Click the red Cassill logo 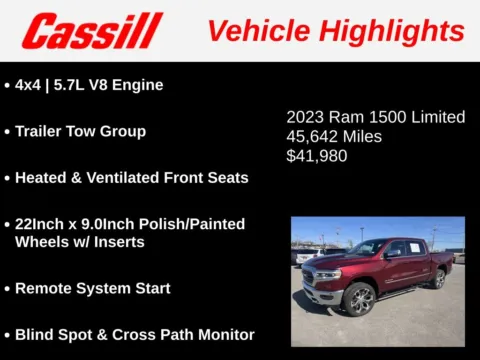[92, 31]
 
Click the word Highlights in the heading [402, 31]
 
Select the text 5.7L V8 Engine [110, 85]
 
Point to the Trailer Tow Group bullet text [80, 131]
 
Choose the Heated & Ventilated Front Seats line [131, 177]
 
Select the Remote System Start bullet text [92, 288]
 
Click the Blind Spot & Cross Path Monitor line [134, 334]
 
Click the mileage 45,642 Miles [334, 136]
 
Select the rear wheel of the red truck [438, 279]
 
